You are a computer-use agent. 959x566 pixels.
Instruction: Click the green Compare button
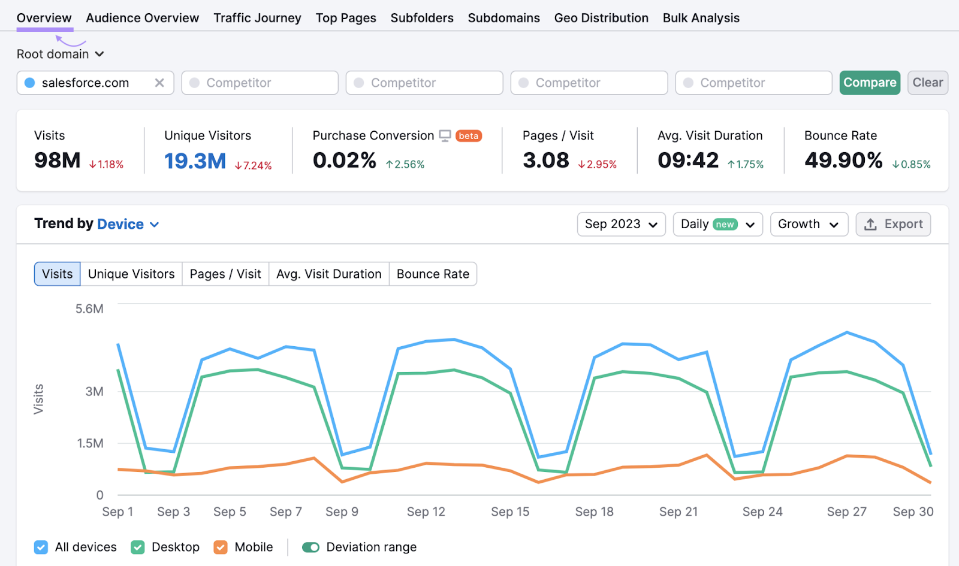870,83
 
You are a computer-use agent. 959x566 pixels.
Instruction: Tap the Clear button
927,83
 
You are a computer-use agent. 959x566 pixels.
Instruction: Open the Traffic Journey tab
257,18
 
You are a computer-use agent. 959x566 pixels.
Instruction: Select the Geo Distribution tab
601,18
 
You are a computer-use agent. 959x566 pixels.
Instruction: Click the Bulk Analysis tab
701,18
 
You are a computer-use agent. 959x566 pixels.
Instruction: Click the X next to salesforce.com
159,83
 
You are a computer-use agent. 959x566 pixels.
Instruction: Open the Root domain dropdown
60,54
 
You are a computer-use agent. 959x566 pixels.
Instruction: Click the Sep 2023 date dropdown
621,224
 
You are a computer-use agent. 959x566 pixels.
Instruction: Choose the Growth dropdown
809,224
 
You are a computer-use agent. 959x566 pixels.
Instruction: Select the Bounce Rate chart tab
433,274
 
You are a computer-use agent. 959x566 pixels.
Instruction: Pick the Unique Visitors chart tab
131,274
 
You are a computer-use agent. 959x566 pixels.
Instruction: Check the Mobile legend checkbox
221,547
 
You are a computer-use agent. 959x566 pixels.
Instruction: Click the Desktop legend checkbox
138,547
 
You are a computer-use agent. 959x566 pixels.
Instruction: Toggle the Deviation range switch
310,547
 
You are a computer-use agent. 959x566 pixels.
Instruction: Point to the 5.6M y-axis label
89,309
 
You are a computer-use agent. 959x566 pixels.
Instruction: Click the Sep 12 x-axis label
426,511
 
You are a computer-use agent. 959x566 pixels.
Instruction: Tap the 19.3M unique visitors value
195,161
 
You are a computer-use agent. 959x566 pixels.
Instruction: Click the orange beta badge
468,136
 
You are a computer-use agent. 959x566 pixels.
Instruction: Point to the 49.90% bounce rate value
843,160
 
